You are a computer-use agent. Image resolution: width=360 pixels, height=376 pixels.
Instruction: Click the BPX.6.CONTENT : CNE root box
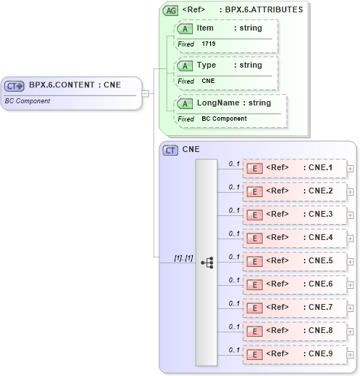pos(71,92)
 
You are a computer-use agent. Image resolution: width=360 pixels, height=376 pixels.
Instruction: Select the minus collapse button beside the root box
pos(146,92)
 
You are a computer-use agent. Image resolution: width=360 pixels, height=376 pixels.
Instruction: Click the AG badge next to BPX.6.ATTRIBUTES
pos(170,10)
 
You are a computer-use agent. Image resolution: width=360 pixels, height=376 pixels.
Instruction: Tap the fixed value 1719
pos(209,44)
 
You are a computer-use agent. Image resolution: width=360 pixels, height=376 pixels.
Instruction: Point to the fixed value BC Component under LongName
pos(224,119)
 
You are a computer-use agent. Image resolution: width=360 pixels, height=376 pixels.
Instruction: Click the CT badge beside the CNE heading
pos(171,151)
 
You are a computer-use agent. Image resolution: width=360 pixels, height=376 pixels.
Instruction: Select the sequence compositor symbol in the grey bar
pos(207,262)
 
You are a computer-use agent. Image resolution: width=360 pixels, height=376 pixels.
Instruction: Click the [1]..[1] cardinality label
pos(183,257)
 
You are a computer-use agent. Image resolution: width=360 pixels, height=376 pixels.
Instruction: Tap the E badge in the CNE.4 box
pos(255,238)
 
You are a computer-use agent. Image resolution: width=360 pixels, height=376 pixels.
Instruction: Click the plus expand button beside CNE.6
pos(351,284)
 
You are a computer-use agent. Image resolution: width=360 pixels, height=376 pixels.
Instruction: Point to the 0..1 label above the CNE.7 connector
pos(234,303)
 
